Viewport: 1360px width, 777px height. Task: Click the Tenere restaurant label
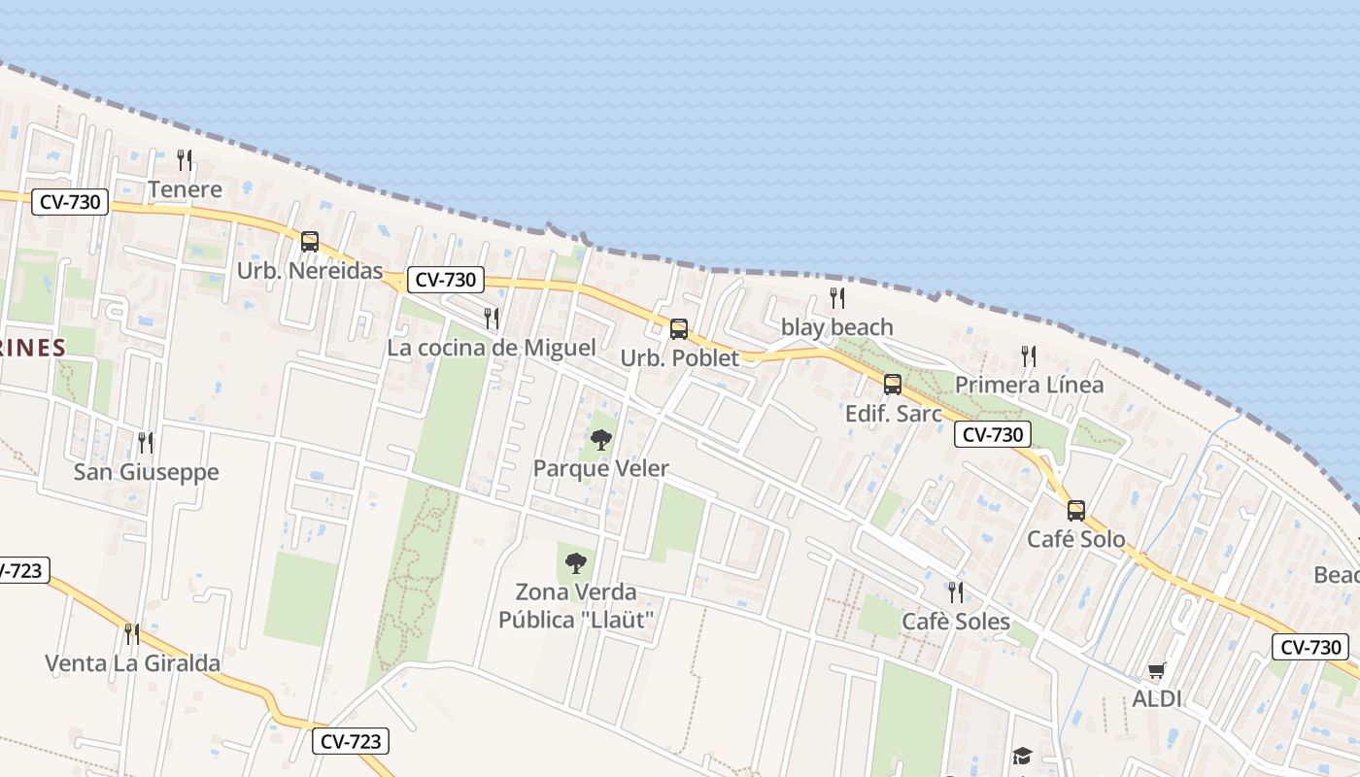pyautogui.click(x=185, y=189)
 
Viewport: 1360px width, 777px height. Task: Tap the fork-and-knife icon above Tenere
pyautogui.click(x=185, y=159)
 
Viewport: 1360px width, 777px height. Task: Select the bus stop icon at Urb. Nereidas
pyautogui.click(x=310, y=242)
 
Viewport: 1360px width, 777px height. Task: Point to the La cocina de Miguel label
pyautogui.click(x=492, y=348)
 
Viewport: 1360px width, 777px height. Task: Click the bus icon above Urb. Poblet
pyautogui.click(x=679, y=328)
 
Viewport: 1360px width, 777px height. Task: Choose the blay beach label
pyautogui.click(x=837, y=327)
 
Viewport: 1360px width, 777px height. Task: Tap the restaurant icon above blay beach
pyautogui.click(x=837, y=297)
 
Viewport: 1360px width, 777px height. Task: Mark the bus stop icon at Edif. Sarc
pyautogui.click(x=893, y=385)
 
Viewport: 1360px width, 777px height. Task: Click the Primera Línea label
pyautogui.click(x=1029, y=385)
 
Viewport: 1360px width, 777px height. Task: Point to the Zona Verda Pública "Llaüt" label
pyautogui.click(x=576, y=605)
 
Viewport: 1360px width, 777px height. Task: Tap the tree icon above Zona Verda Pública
pyautogui.click(x=576, y=562)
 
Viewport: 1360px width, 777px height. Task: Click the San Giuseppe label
pyautogui.click(x=147, y=473)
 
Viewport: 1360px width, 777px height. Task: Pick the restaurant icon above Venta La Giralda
pyautogui.click(x=132, y=634)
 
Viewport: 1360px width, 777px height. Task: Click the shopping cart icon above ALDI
pyautogui.click(x=1156, y=670)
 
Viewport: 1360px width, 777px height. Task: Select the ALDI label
pyautogui.click(x=1156, y=698)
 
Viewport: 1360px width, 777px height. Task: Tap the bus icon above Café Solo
pyautogui.click(x=1076, y=510)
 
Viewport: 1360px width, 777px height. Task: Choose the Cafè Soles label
pyautogui.click(x=956, y=622)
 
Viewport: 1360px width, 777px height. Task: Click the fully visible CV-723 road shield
pyautogui.click(x=351, y=741)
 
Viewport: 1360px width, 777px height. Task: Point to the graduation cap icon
pyautogui.click(x=1021, y=756)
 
